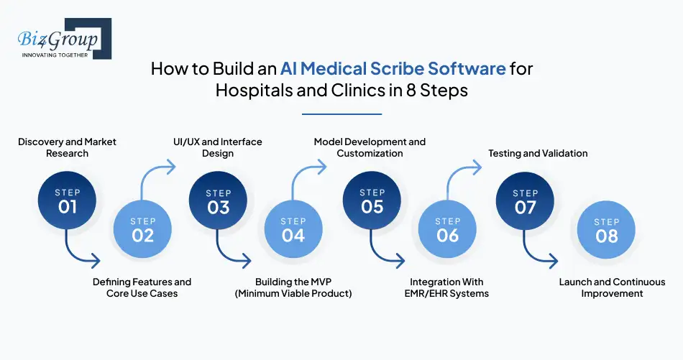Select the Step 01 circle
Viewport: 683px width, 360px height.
(68, 200)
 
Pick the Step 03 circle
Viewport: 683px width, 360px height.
(219, 200)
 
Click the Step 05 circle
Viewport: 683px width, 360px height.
(372, 200)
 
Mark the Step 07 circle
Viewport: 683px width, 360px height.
(526, 200)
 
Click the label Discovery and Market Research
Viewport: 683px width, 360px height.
(68, 147)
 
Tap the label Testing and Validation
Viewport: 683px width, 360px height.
(538, 153)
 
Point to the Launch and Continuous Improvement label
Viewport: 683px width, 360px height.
(612, 287)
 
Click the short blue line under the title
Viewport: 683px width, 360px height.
(341, 114)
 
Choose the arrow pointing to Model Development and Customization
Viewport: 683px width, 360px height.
(307, 176)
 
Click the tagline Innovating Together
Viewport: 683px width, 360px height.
(54, 55)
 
